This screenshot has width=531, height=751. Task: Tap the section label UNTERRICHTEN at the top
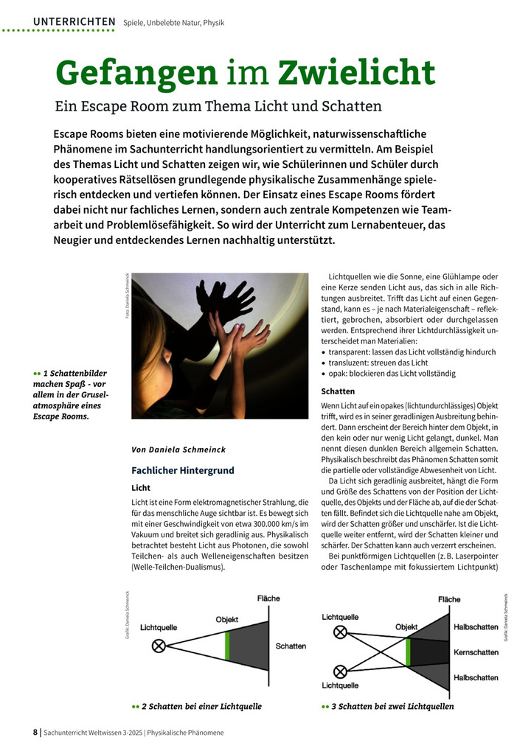[x=74, y=22]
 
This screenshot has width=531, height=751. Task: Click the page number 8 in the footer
[x=35, y=733]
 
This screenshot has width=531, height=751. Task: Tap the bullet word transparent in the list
[x=353, y=352]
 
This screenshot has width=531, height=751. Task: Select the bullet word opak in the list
[x=338, y=374]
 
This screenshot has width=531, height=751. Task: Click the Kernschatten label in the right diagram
[x=476, y=652]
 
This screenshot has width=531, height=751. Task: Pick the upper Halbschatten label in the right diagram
[x=476, y=627]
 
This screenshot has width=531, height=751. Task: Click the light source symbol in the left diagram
[x=158, y=646]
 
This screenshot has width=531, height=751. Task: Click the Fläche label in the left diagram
[x=268, y=598]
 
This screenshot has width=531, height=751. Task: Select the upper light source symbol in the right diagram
[x=340, y=632]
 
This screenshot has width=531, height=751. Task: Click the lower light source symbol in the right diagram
[x=340, y=671]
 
